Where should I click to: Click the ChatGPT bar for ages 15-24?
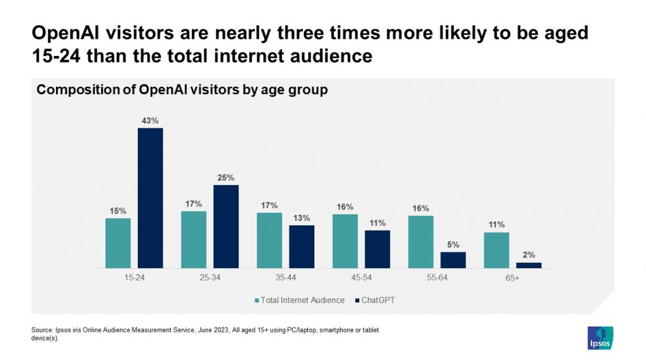[x=150, y=198]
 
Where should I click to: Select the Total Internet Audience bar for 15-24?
[x=118, y=243]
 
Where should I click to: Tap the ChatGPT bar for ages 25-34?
[x=226, y=227]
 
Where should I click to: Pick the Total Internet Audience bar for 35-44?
[x=269, y=240]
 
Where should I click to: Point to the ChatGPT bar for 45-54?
[x=378, y=249]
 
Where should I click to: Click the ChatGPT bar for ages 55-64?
[x=453, y=260]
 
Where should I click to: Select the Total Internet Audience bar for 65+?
[x=496, y=250]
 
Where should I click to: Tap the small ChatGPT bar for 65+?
[x=529, y=265]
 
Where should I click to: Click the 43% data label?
[x=150, y=121]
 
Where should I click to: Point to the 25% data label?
[x=226, y=177]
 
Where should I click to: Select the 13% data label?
[x=302, y=218]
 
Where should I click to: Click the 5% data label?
[x=453, y=244]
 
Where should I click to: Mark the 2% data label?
[x=529, y=255]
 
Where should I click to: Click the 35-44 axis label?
[x=285, y=278]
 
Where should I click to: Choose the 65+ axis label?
[x=512, y=278]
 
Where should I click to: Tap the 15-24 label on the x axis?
[x=134, y=278]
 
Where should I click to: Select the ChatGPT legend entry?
[x=376, y=300]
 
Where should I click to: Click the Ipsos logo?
[x=600, y=338]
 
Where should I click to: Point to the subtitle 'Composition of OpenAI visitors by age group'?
[x=182, y=90]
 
